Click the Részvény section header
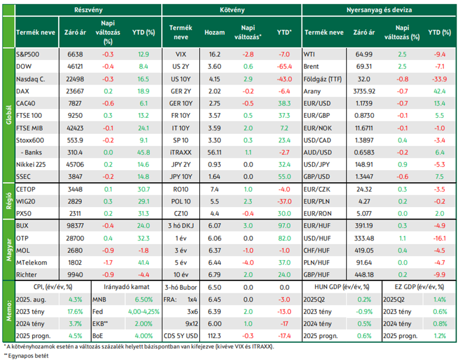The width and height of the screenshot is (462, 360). pyautogui.click(x=89, y=10)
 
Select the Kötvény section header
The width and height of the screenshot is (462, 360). pyautogui.click(x=232, y=10)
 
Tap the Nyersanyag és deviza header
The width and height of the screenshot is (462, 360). pyautogui.click(x=379, y=10)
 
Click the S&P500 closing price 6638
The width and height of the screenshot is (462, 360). pyautogui.click(x=75, y=54)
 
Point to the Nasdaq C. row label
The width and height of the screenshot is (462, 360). pyautogui.click(x=31, y=79)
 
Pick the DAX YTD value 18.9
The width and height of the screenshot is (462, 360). pyautogui.click(x=143, y=91)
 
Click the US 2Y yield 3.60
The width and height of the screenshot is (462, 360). pyautogui.click(x=215, y=67)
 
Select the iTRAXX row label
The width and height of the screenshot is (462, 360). pyautogui.click(x=181, y=152)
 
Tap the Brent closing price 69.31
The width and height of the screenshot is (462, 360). pyautogui.click(x=364, y=67)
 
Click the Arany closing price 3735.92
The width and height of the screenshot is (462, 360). pyautogui.click(x=364, y=91)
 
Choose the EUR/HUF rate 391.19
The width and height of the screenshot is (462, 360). pyautogui.click(x=364, y=226)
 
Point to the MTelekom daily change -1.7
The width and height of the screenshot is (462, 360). pyautogui.click(x=108, y=262)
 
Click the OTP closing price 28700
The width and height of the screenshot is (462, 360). pyautogui.click(x=75, y=238)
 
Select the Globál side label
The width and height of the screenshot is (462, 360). pyautogui.click(x=9, y=115)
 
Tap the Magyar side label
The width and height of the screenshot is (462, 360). pyautogui.click(x=9, y=250)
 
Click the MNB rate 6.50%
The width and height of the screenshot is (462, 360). pyautogui.click(x=144, y=299)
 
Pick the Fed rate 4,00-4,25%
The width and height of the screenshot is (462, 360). pyautogui.click(x=144, y=312)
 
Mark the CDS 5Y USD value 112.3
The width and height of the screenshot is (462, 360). pyautogui.click(x=215, y=336)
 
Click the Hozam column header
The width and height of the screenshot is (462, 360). pyautogui.click(x=215, y=33)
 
